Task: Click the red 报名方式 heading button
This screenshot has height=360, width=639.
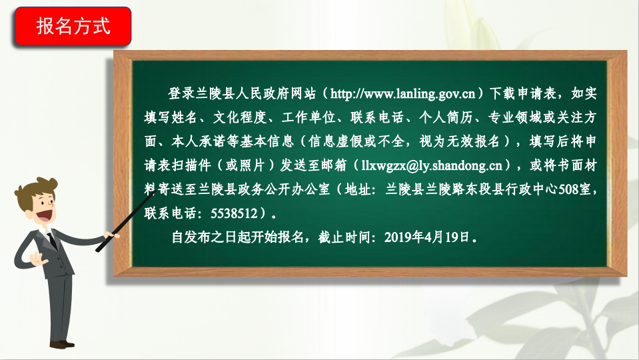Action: click(73, 26)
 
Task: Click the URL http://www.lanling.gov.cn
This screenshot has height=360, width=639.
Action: click(402, 94)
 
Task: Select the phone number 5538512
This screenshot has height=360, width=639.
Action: click(234, 213)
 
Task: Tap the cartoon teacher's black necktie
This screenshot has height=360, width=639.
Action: click(52, 241)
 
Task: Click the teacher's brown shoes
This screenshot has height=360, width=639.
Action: click(61, 345)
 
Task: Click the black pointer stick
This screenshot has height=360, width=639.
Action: click(125, 221)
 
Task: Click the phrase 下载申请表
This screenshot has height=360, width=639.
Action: click(523, 94)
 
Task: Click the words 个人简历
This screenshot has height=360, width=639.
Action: click(446, 118)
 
